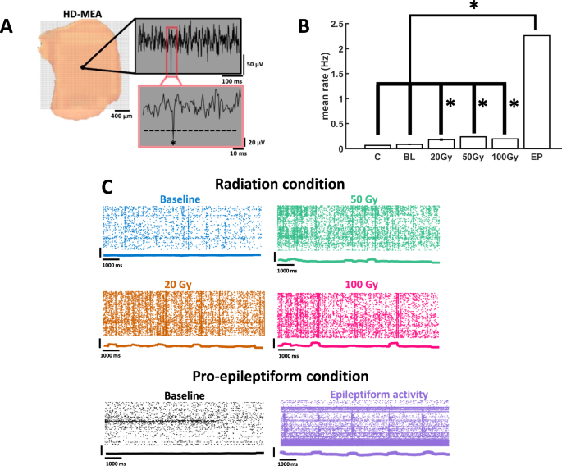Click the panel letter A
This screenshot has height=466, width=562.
[9, 25]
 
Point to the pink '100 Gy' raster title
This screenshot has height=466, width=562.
[358, 284]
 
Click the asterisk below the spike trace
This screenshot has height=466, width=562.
[173, 143]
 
